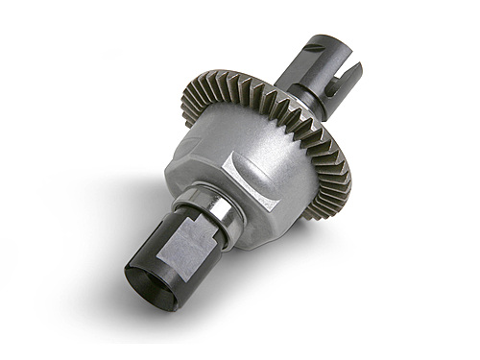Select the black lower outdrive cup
coord(182,269)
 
